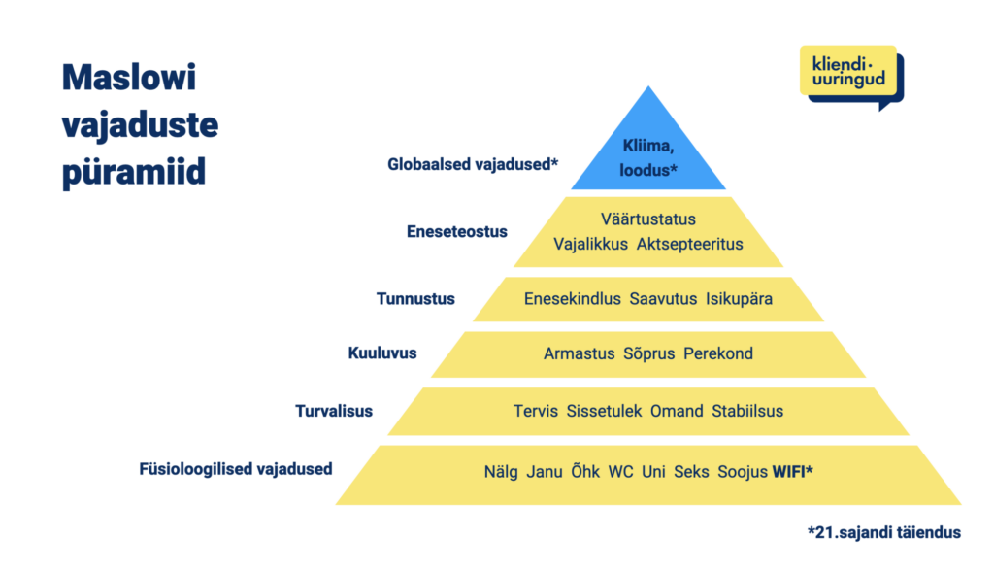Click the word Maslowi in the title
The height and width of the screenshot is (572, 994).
pyautogui.click(x=129, y=78)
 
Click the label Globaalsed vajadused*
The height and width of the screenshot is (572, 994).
pyautogui.click(x=473, y=164)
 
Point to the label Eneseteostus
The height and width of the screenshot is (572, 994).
pyautogui.click(x=456, y=231)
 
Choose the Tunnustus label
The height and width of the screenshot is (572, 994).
pyautogui.click(x=415, y=299)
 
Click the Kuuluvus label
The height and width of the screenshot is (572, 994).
pyautogui.click(x=382, y=353)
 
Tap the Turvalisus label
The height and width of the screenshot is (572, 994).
pyautogui.click(x=334, y=411)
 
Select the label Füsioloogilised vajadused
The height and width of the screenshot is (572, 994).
pyautogui.click(x=236, y=469)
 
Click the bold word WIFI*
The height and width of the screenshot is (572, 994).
pyautogui.click(x=792, y=472)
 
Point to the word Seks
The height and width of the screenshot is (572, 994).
pyautogui.click(x=691, y=472)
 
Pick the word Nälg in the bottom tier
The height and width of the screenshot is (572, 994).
pyautogui.click(x=501, y=472)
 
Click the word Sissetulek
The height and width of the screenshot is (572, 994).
pyautogui.click(x=604, y=411)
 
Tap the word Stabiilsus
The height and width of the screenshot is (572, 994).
pyautogui.click(x=747, y=411)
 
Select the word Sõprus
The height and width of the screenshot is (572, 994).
pyautogui.click(x=648, y=353)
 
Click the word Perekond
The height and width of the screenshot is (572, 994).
pyautogui.click(x=718, y=353)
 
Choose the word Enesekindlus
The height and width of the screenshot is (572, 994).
pyautogui.click(x=573, y=299)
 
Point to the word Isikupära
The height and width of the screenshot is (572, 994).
pyautogui.click(x=739, y=299)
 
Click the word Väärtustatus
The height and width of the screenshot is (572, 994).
pyautogui.click(x=647, y=219)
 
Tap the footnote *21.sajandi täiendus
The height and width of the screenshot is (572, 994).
pyautogui.click(x=884, y=533)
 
